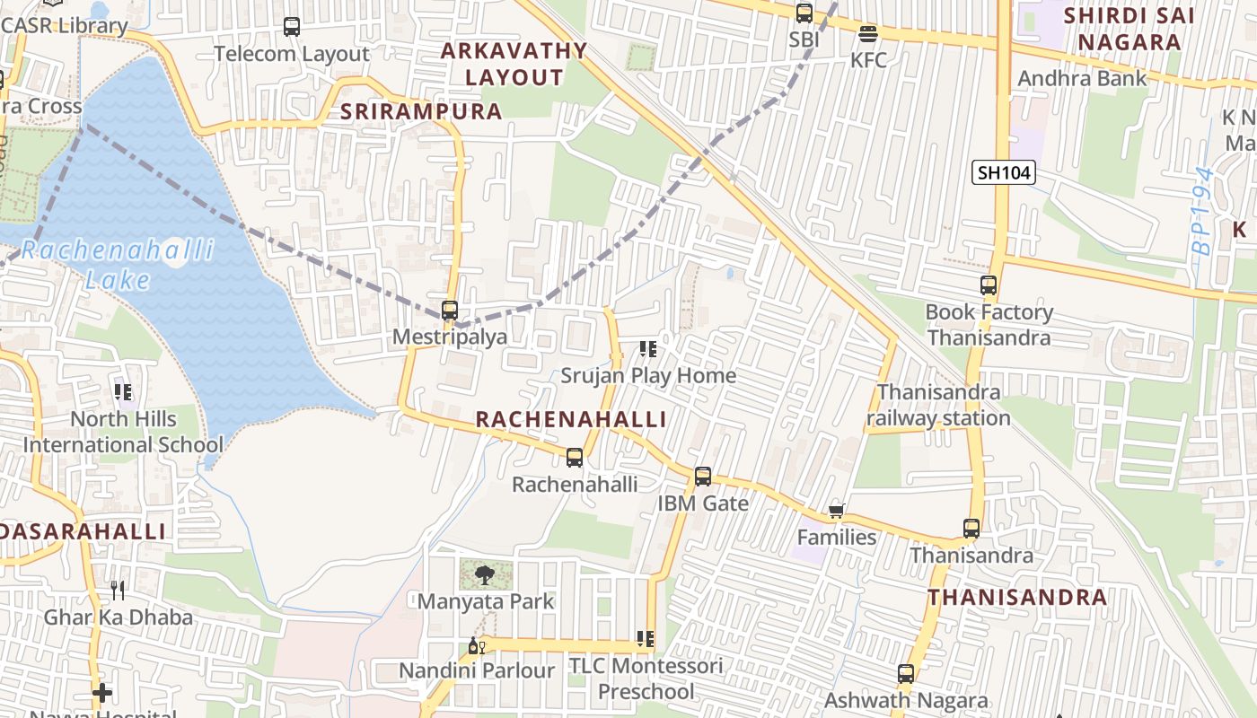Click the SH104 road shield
tap(1004, 172)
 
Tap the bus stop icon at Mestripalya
tap(450, 311)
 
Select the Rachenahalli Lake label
tap(118, 264)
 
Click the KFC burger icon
tap(867, 34)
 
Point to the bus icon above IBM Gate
tap(703, 477)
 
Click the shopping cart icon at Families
tap(837, 511)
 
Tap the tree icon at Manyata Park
tap(486, 574)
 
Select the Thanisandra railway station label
tap(938, 405)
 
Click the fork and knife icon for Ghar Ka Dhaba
tap(118, 590)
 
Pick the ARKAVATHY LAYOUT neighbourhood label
tap(514, 64)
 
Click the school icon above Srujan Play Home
tap(647, 348)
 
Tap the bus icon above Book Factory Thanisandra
tap(989, 285)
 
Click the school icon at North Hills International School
tap(123, 391)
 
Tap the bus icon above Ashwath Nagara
tap(906, 674)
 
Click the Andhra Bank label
tap(1082, 78)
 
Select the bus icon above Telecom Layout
tap(292, 27)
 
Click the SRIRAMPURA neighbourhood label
tap(421, 111)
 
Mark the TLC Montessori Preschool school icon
tap(645, 639)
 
